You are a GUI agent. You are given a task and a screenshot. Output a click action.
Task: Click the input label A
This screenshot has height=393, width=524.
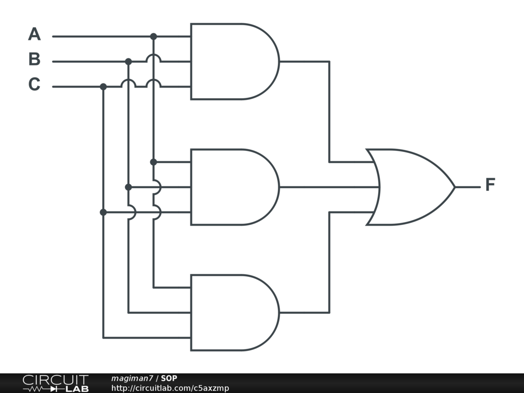coord(34,34)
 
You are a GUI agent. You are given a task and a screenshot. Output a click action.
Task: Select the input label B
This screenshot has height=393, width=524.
coord(34,59)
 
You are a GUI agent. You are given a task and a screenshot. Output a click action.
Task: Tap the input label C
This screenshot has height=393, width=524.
coord(34,84)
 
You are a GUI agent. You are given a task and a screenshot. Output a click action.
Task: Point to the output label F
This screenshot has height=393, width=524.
coord(490,185)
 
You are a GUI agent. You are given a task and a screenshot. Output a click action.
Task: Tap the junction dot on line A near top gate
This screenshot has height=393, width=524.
coord(154,36)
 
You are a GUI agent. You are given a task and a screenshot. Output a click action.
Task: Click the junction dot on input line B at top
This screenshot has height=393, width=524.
coord(128,61)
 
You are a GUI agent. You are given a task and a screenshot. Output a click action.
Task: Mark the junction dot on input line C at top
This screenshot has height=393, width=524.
coord(103,86)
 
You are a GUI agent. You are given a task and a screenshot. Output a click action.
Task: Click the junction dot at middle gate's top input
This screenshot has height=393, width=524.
coord(154,162)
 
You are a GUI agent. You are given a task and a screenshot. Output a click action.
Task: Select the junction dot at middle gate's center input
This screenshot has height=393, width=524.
coord(128,187)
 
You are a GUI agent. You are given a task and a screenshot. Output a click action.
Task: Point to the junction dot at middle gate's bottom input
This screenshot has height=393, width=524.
coord(103,212)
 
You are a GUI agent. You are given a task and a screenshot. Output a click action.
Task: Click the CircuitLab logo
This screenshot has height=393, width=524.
coord(55,383)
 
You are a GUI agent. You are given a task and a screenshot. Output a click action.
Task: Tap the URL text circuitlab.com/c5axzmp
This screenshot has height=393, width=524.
coord(170,388)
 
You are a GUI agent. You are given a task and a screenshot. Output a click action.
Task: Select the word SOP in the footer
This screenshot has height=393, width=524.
coord(169,378)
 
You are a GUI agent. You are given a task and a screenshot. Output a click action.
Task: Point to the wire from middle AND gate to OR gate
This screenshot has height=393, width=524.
coord(327,187)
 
